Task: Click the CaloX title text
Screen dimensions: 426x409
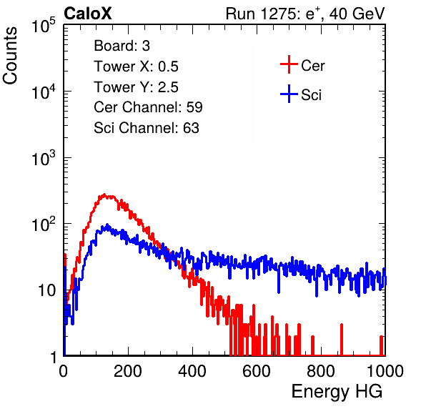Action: [x=88, y=14]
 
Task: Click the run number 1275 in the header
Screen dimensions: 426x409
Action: [x=277, y=14]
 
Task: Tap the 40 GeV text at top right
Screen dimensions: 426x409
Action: [x=357, y=14]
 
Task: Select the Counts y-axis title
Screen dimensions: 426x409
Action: [x=10, y=56]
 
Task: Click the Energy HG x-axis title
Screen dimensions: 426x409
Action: [x=337, y=392]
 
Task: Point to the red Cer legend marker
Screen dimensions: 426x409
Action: [x=289, y=64]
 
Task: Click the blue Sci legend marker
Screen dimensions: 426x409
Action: [x=289, y=94]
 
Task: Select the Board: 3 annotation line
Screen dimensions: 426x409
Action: [x=122, y=46]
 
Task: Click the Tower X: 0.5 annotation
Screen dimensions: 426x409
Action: [x=136, y=66]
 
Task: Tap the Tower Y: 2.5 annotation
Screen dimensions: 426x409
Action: [x=136, y=87]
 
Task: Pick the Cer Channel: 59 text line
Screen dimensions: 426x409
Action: [x=148, y=107]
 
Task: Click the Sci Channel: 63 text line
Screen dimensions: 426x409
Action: [x=147, y=128]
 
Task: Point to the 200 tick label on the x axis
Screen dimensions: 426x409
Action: [x=128, y=371]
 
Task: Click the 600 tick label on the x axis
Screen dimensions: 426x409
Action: [x=257, y=371]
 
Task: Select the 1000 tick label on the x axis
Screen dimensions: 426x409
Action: [x=385, y=371]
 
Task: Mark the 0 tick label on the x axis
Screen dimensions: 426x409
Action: [x=64, y=371]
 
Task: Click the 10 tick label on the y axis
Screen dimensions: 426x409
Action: [x=47, y=291]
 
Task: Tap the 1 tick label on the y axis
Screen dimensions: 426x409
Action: [x=54, y=358]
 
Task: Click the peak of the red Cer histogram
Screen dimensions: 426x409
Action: [x=104, y=194]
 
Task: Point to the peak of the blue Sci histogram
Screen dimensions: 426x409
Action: [x=107, y=225]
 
